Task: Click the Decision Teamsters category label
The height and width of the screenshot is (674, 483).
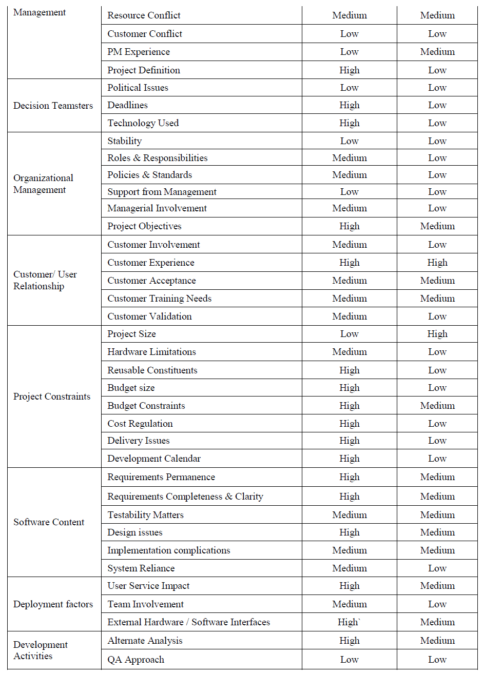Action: (53, 106)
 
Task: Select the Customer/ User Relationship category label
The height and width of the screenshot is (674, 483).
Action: (45, 280)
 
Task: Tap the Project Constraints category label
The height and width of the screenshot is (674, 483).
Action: (52, 397)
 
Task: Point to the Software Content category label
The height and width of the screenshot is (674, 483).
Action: (49, 522)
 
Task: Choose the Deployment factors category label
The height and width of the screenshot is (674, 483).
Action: (53, 604)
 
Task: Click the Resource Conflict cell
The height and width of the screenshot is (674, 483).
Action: (144, 15)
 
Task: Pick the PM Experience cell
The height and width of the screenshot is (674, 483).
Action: (139, 52)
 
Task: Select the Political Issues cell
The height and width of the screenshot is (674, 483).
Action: (138, 88)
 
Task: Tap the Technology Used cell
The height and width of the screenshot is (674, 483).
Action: (143, 123)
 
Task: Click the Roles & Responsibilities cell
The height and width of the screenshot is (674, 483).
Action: (157, 158)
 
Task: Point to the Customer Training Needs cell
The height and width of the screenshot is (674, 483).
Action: (159, 299)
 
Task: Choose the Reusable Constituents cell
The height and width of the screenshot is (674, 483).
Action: (152, 370)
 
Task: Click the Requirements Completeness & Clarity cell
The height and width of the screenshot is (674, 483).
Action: (185, 497)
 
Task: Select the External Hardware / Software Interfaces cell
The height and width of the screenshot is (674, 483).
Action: (188, 622)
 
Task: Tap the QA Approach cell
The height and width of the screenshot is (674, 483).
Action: (136, 660)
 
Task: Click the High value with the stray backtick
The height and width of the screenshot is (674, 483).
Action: (349, 622)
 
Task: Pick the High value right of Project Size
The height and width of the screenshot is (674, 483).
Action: (437, 334)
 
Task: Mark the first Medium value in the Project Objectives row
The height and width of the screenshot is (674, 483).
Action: (437, 226)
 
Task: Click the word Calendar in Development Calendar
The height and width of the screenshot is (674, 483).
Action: (183, 459)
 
